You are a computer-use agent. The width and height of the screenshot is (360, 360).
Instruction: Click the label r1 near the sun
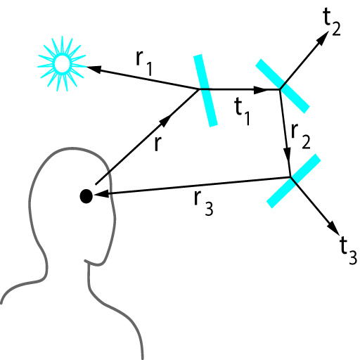pyautogui.click(x=144, y=63)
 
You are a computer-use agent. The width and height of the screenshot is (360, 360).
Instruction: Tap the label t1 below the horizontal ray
pyautogui.click(x=243, y=112)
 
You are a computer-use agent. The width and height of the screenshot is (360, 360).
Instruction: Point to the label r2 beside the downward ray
pyautogui.click(x=301, y=136)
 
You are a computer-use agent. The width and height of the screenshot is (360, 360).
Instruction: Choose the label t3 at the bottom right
pyautogui.click(x=348, y=250)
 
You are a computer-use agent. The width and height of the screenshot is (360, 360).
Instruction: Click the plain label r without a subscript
pyautogui.click(x=158, y=143)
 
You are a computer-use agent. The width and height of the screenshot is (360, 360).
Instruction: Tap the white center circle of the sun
pyautogui.click(x=62, y=63)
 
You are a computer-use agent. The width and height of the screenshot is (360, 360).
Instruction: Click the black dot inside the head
pyautogui.click(x=86, y=196)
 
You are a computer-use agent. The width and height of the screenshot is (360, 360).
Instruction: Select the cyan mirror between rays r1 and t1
pyautogui.click(x=205, y=91)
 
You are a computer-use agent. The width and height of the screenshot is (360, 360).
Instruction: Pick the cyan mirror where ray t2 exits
pyautogui.click(x=283, y=86)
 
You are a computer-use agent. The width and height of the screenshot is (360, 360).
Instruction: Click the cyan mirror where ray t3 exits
pyautogui.click(x=294, y=181)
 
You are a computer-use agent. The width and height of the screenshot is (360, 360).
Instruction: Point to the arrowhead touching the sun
pyautogui.click(x=94, y=69)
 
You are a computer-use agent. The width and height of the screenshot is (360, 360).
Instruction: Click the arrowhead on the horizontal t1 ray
pyautogui.click(x=261, y=89)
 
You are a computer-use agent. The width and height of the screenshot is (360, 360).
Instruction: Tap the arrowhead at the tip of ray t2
pyautogui.click(x=323, y=39)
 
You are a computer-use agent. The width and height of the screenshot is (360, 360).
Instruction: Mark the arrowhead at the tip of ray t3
pyautogui.click(x=333, y=229)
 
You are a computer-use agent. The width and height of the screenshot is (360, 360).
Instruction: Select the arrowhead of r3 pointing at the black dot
pyautogui.click(x=101, y=194)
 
